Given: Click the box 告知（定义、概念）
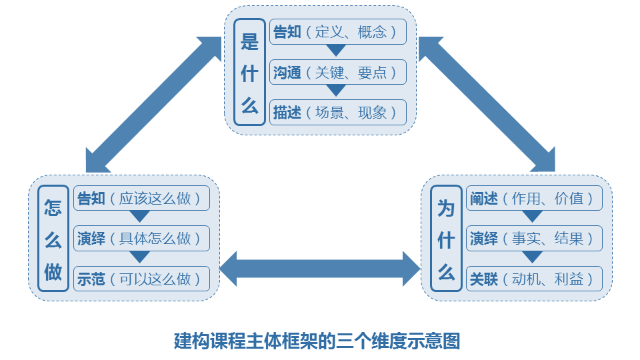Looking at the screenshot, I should tap(338, 32).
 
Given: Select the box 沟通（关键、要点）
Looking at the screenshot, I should tap(338, 72).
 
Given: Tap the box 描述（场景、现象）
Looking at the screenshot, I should tap(338, 112).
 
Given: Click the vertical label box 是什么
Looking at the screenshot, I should tap(250, 71).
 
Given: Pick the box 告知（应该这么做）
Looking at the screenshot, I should tap(141, 198).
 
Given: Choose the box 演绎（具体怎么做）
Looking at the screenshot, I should tap(141, 238).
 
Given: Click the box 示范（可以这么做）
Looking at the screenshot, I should tap(141, 278).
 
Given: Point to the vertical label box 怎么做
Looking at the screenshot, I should tap(53, 239).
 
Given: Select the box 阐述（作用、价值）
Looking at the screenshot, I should tap(535, 198).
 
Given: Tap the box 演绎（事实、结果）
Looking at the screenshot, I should tap(535, 238).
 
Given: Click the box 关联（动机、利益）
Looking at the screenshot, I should tap(535, 278).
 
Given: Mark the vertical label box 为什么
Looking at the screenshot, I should tap(446, 239).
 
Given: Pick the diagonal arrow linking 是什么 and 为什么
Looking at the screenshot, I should tap(487, 104).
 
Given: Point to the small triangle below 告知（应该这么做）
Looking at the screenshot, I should tap(140, 217).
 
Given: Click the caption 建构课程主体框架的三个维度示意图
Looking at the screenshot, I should tap(317, 341).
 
